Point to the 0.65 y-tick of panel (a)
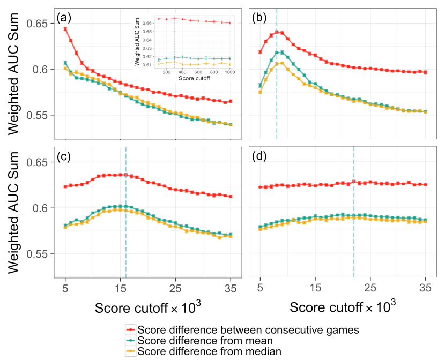41,24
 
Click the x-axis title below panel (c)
149,307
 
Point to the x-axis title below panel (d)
344,307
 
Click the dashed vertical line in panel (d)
354,214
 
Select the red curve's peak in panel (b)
277,32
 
